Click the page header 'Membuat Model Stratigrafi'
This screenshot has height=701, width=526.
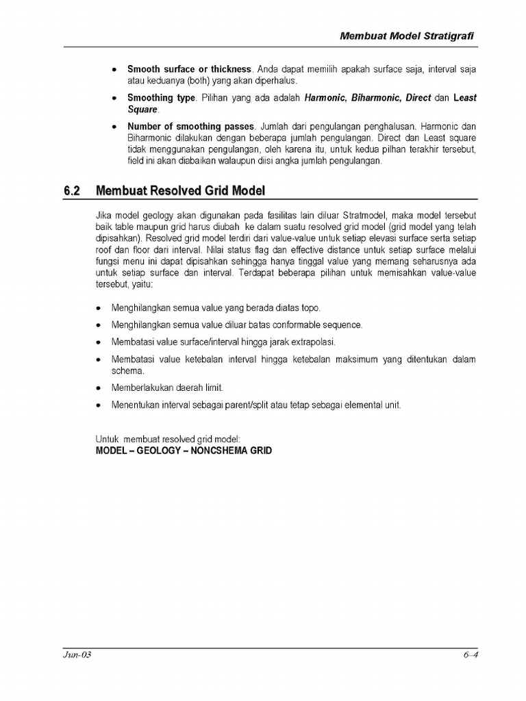408,36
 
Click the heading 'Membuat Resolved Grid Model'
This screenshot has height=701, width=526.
180,190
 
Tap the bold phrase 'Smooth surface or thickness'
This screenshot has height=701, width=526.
190,70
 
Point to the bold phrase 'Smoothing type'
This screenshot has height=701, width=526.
161,98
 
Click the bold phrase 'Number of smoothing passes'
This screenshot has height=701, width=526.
190,127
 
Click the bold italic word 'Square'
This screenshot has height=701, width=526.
142,109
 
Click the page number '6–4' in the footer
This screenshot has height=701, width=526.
469,655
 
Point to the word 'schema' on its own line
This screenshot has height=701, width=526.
125,370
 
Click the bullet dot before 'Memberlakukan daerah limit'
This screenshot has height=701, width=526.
99,388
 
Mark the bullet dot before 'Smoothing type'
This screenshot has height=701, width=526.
114,99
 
